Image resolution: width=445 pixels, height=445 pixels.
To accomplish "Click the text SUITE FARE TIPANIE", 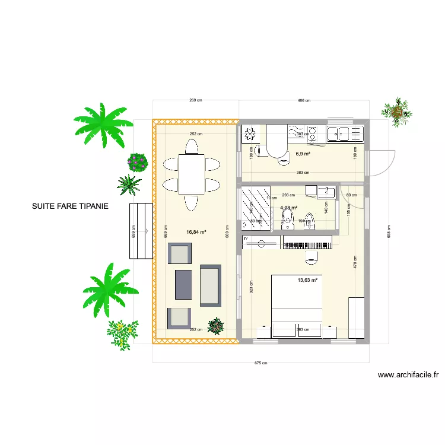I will click(70, 208).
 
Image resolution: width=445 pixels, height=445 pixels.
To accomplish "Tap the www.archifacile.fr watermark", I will click(408, 375).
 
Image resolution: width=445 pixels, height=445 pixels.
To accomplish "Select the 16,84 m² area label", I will click(196, 233).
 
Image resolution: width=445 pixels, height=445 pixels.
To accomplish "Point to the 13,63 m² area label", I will click(307, 281).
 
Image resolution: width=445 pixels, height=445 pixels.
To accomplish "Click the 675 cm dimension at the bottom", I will click(260, 363).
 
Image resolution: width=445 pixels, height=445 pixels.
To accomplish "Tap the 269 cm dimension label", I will click(196, 100).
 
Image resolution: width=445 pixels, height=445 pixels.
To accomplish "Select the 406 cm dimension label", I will click(303, 100).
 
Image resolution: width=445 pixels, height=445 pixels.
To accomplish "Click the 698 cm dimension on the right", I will click(388, 231).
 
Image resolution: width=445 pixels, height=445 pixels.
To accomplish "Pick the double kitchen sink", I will click(345, 133).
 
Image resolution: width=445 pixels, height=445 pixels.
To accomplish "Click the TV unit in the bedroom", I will click(306, 244).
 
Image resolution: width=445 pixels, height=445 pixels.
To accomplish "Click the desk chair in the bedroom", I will click(311, 258).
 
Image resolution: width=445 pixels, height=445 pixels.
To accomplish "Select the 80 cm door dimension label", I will click(351, 195).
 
